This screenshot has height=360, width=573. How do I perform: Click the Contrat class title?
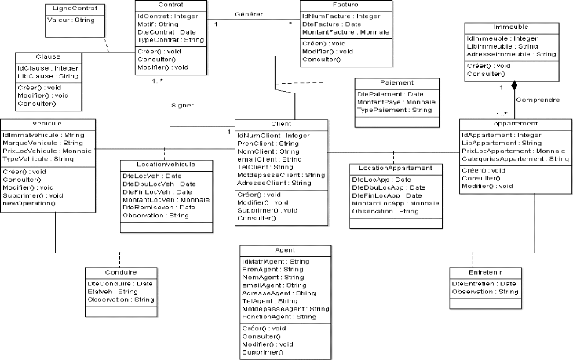[171, 5]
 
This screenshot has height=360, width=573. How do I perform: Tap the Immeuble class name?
[511, 27]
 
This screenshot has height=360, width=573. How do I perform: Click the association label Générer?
[249, 15]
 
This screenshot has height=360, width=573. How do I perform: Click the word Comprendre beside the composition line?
[538, 100]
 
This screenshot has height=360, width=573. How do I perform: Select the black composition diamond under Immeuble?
[515, 84]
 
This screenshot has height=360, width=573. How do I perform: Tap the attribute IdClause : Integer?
[47, 67]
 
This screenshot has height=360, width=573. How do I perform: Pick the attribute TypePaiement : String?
[394, 110]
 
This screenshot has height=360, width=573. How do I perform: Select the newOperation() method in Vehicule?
[28, 203]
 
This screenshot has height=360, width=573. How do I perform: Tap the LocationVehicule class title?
[166, 165]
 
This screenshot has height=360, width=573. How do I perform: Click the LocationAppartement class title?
[395, 169]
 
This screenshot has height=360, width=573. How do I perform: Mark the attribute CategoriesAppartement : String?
[515, 159]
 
